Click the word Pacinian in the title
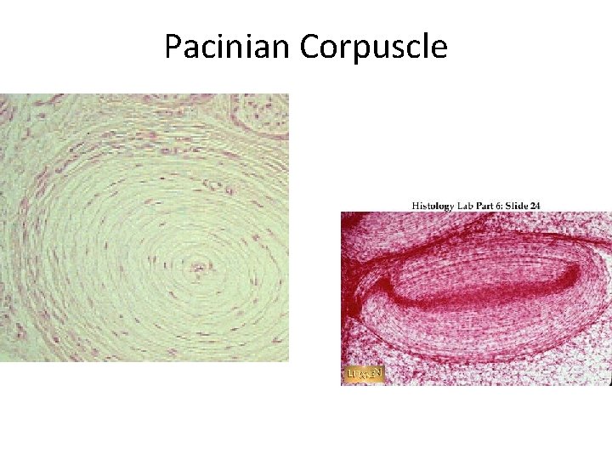(228, 47)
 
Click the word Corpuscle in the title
(373, 47)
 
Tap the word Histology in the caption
(431, 205)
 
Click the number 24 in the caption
(535, 205)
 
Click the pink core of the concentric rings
(200, 269)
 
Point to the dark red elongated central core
(493, 289)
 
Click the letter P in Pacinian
(173, 47)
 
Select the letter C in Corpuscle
(309, 47)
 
